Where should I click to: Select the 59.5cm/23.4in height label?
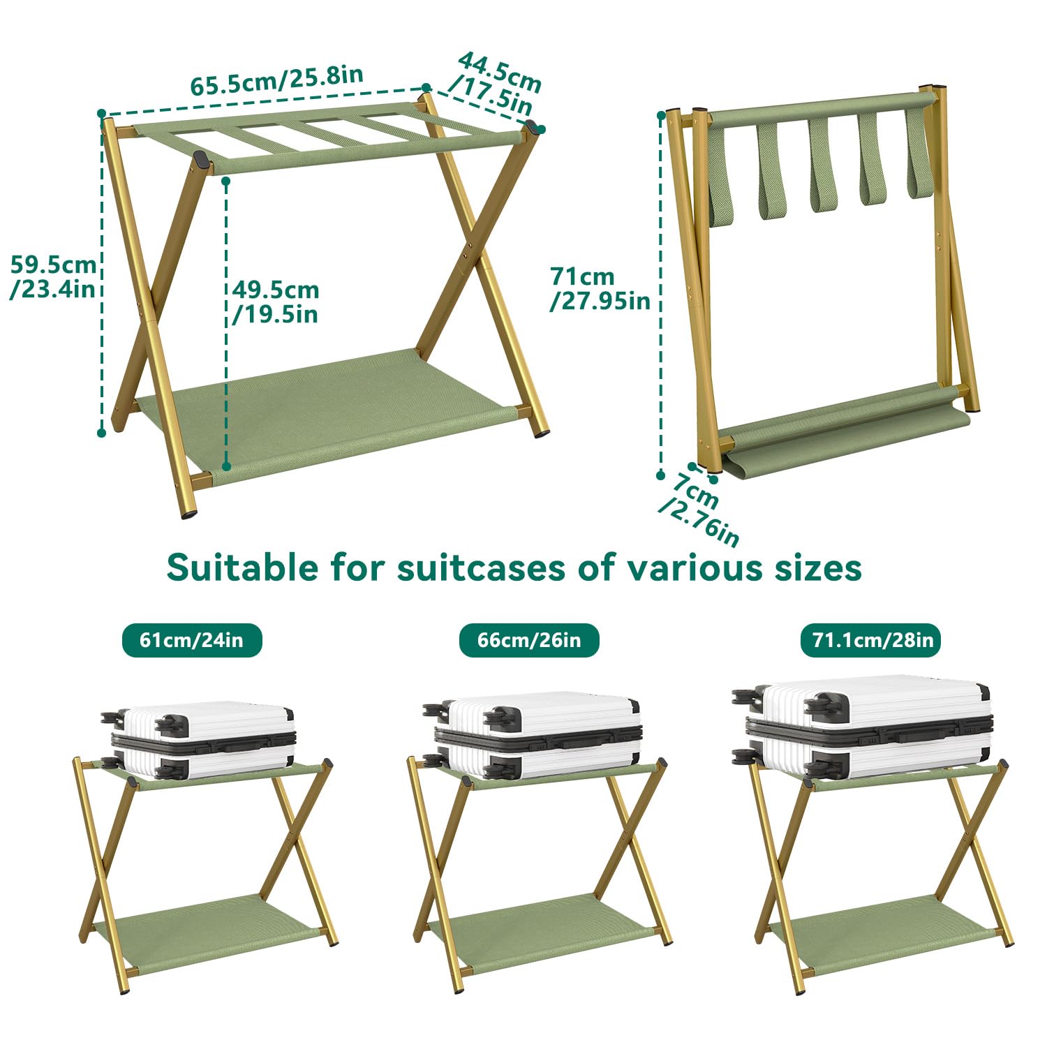point(53,276)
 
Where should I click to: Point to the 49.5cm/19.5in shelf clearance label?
point(276,302)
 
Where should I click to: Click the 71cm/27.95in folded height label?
point(600,288)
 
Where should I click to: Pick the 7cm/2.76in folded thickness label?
point(699,509)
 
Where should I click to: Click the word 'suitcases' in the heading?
point(481,567)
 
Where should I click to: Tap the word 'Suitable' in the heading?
point(242,567)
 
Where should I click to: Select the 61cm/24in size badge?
point(192,640)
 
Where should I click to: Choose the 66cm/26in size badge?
point(529,640)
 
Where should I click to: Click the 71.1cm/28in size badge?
point(872,640)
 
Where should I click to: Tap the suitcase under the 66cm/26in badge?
point(533,736)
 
